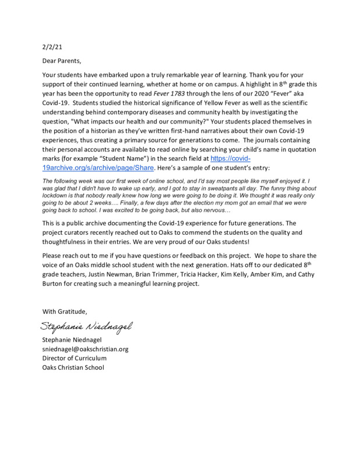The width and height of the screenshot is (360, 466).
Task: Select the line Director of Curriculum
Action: (74, 358)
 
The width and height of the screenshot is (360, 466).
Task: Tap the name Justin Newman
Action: (123, 276)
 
